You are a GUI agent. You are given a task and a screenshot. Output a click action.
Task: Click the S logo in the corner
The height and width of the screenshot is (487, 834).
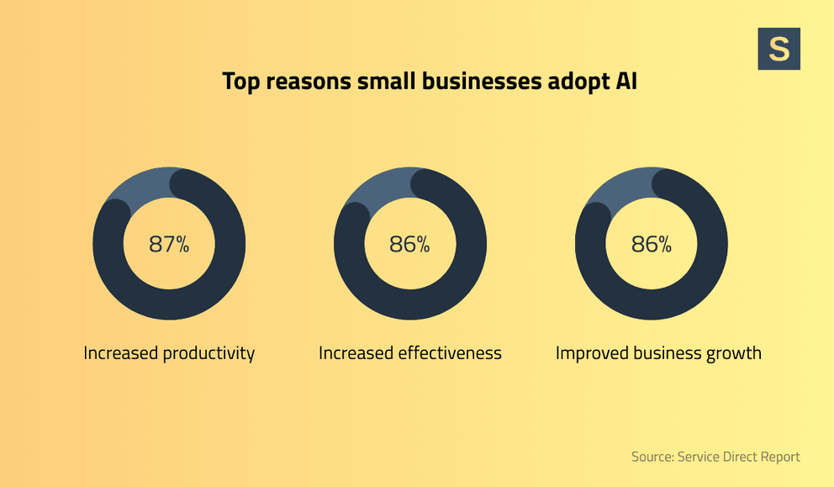(x=779, y=49)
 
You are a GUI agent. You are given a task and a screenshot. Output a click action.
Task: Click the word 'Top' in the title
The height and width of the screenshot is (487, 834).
(x=241, y=82)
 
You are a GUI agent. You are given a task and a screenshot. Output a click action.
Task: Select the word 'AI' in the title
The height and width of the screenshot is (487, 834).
(x=626, y=82)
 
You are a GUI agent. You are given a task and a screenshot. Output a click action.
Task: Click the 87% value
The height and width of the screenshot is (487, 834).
(x=169, y=244)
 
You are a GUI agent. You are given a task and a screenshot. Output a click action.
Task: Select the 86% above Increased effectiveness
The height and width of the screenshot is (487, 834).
(x=409, y=244)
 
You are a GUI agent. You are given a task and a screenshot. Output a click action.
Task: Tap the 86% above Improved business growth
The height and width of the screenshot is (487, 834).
(x=651, y=244)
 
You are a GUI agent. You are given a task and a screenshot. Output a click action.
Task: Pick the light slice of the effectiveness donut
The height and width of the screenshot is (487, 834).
(x=378, y=188)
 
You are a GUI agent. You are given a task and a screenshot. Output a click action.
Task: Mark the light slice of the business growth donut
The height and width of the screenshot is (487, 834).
(x=619, y=188)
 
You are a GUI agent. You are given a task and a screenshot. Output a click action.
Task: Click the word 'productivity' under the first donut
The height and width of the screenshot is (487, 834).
(x=208, y=353)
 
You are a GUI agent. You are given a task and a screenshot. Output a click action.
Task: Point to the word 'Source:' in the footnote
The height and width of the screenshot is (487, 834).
(x=652, y=457)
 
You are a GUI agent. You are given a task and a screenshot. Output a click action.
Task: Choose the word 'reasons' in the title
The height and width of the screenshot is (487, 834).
(x=309, y=82)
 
